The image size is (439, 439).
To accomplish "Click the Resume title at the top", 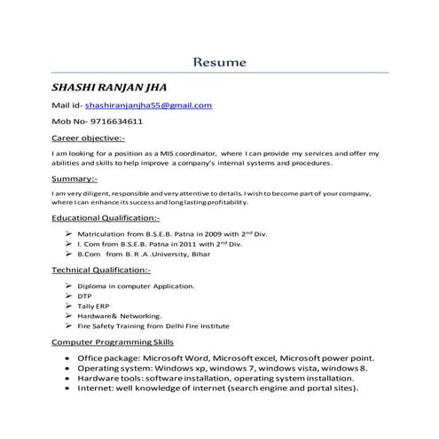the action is [220, 63].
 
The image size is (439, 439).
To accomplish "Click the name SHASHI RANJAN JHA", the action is [108, 88].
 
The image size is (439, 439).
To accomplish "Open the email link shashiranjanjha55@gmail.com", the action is [148, 106].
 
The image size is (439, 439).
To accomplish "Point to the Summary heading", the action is [74, 179].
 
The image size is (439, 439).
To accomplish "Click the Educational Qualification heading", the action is [106, 217].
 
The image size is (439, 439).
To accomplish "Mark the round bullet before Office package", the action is [68, 357].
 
